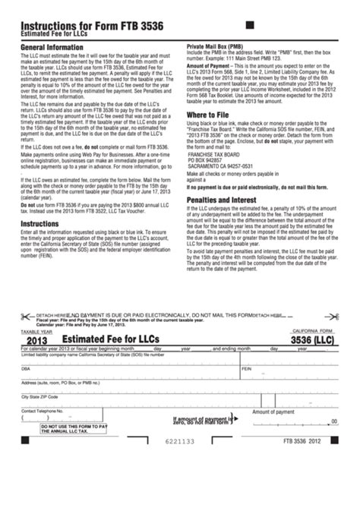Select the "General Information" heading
point(51,47)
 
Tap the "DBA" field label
point(26,368)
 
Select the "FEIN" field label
point(246,368)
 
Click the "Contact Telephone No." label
point(41,411)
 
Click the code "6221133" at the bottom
point(180,440)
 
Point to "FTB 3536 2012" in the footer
point(314,440)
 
